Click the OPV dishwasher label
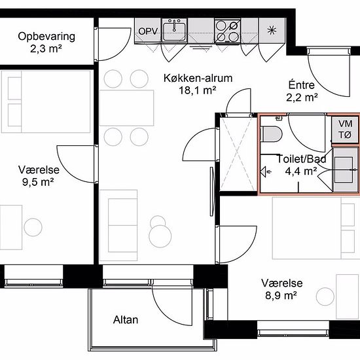[x=148, y=31]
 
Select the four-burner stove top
[x=228, y=31]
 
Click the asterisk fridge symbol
[x=272, y=30]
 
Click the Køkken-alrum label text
[x=198, y=79]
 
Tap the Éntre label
[x=302, y=85]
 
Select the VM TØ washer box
[x=345, y=130]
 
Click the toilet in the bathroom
[x=272, y=134]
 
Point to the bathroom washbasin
[x=344, y=170]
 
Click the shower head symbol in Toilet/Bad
[x=265, y=171]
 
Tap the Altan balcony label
[x=126, y=320]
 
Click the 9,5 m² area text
[x=38, y=182]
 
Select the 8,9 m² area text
[x=281, y=295]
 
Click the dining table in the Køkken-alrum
[x=126, y=108]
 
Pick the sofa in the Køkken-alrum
[x=118, y=225]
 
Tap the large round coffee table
[x=160, y=236]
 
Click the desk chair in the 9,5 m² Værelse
[x=33, y=227]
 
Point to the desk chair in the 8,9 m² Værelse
[x=325, y=297]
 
